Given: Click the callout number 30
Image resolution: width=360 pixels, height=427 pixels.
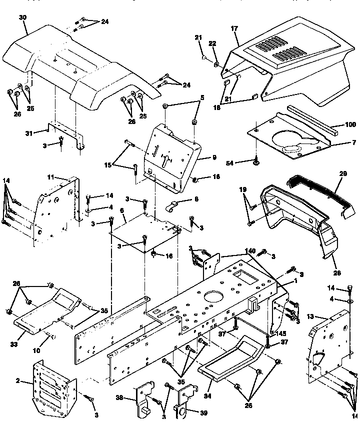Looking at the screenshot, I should (x=22, y=17).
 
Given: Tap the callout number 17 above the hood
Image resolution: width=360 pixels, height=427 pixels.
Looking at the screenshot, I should (x=234, y=29).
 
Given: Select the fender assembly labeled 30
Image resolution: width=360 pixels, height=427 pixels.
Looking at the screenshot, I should (x=75, y=65).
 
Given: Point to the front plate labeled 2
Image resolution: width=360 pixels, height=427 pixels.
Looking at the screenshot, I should (x=52, y=382).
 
